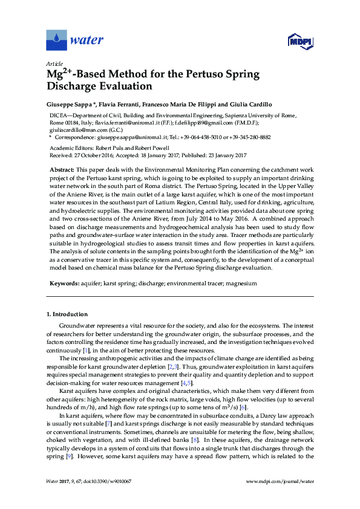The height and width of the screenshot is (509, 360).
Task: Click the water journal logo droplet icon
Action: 56,41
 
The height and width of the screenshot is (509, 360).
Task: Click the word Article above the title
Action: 54,63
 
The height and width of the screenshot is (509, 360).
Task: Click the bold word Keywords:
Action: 64,283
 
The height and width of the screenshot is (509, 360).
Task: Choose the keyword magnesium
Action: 241,283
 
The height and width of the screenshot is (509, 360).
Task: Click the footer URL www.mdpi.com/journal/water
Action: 280,481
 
